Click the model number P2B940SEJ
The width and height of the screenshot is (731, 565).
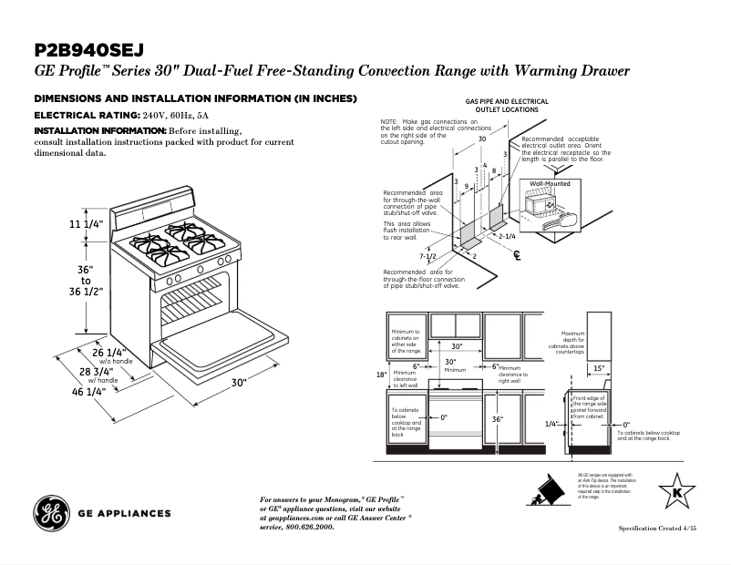point(90,49)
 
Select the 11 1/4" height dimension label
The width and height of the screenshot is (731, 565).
point(87,225)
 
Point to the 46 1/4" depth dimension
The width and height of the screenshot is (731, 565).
point(88,391)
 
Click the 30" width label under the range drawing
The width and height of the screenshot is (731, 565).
point(240,383)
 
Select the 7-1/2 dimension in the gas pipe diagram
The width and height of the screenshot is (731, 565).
point(428,257)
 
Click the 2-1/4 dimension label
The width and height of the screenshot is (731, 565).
point(507,235)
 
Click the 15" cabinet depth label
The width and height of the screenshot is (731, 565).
point(599,369)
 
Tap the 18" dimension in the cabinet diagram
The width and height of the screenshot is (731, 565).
point(382,375)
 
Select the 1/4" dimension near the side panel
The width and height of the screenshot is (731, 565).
point(551,424)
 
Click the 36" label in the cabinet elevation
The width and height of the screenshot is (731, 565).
point(497,420)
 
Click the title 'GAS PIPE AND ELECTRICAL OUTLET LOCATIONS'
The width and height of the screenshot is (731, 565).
point(507,105)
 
